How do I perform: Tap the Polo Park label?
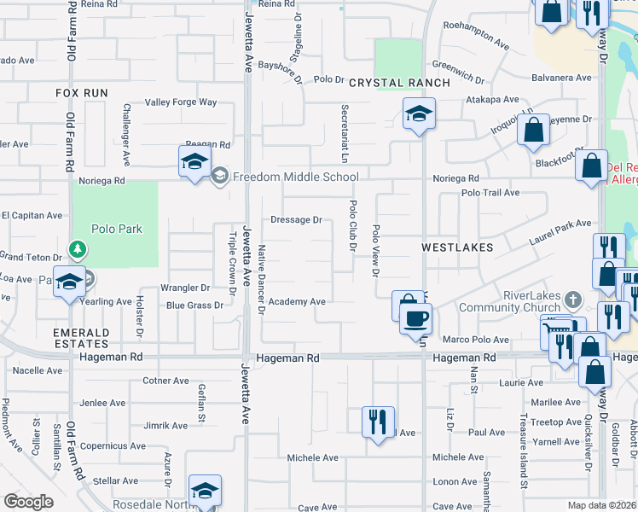click(119, 229)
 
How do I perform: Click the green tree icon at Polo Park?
click(78, 248)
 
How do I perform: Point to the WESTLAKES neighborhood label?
click(457, 247)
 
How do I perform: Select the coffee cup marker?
click(415, 319)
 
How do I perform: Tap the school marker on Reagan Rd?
click(194, 160)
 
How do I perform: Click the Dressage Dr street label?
click(296, 219)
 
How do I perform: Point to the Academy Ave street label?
click(297, 302)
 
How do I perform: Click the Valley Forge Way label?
click(181, 102)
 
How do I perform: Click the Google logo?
click(28, 502)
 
